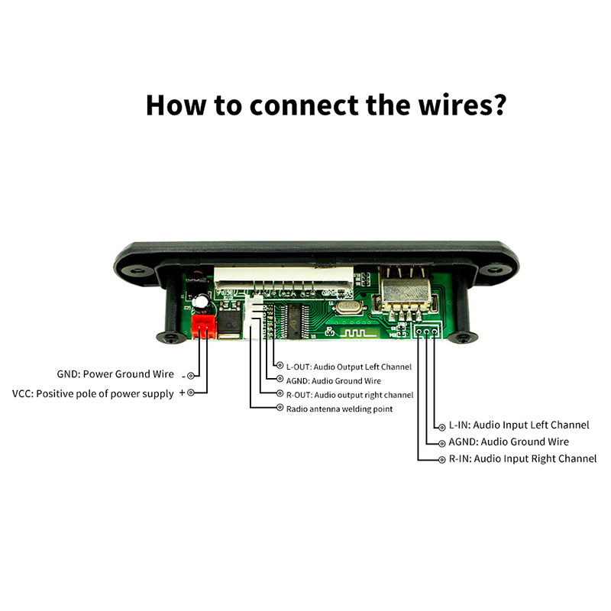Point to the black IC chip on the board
pos(294,318)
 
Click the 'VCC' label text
pos(21,393)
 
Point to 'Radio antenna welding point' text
pos(339,409)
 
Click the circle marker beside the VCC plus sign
pos(191,393)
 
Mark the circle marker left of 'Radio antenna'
pos(280,409)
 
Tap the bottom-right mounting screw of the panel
pos(464,337)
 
